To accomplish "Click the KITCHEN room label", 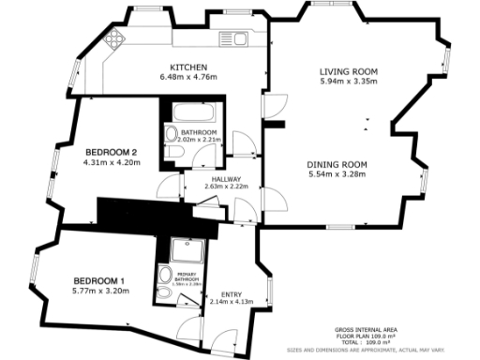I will (188, 67).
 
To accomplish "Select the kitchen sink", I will (231, 38).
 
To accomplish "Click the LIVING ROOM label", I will (348, 71).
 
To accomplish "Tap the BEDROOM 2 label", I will (112, 152).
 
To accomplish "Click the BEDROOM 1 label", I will (98, 281).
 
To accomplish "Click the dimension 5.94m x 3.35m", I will (348, 82).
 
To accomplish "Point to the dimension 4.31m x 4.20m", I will (112, 162).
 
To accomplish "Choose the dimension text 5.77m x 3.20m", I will (98, 292).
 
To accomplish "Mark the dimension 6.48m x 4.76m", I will (188, 78).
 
